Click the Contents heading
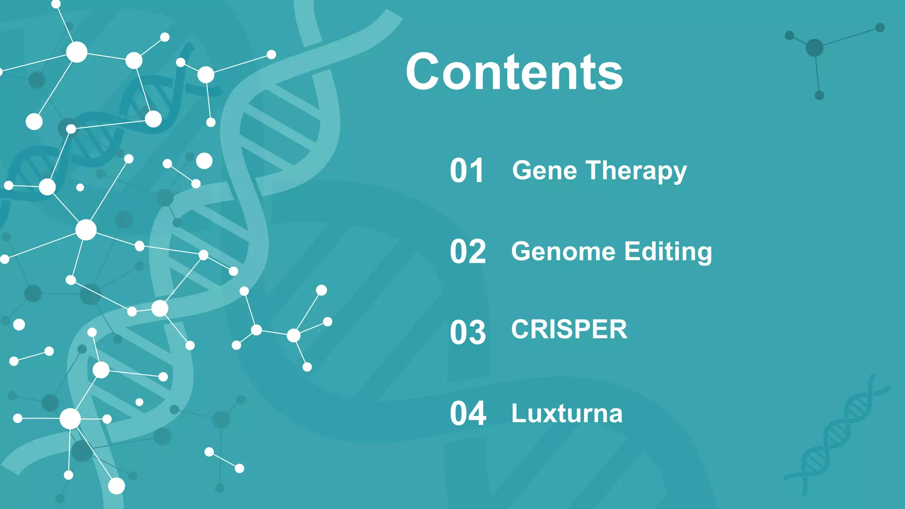[514, 72]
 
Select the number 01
[467, 171]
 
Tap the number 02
[468, 252]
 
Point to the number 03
[468, 332]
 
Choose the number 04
[468, 414]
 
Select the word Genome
[563, 251]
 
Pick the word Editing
[668, 251]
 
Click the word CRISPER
[569, 330]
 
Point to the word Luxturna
[567, 414]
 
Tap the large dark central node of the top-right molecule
[814, 48]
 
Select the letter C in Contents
[426, 72]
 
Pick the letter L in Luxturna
[519, 414]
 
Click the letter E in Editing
[632, 251]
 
